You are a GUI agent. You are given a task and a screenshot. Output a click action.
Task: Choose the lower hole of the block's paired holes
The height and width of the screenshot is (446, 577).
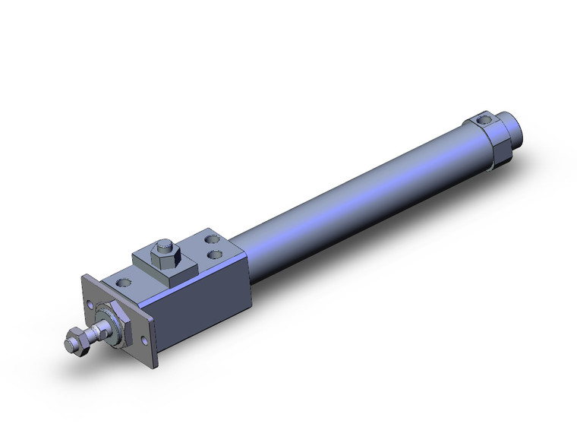[216, 255]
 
